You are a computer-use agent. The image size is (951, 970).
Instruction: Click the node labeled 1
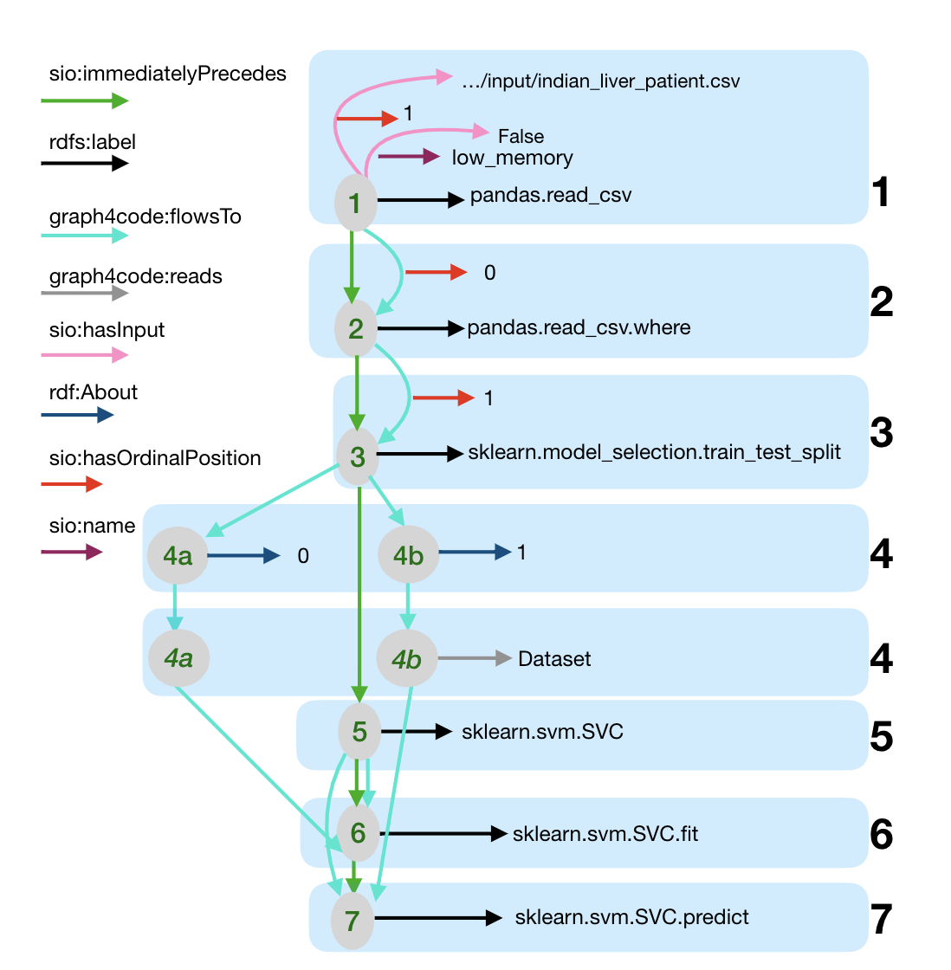coord(355,203)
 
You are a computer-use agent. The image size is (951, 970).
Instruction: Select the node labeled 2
coord(356,328)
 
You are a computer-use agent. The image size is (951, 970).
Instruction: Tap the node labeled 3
coord(358,456)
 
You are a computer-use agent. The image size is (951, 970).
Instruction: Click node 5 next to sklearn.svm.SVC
coord(359,732)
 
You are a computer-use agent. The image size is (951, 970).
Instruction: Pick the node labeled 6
coord(358,833)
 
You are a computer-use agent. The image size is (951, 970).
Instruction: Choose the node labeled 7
coord(353,920)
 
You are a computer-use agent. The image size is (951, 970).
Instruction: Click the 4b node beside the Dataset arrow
coord(406,659)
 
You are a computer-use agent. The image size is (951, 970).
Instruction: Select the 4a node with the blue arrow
coord(178,554)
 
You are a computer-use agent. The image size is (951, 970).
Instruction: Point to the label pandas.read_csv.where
coord(579,328)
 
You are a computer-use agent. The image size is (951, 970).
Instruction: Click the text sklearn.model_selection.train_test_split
coord(654,452)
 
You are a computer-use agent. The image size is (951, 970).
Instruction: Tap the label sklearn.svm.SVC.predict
coord(631,917)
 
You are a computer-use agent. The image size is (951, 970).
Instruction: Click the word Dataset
coord(554,659)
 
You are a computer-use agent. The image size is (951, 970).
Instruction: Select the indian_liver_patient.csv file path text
coord(601,81)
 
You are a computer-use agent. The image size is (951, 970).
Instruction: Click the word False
coord(521,136)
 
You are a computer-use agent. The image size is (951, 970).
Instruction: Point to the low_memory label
coord(512,158)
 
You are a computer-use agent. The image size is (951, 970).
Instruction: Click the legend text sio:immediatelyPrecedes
coord(167,74)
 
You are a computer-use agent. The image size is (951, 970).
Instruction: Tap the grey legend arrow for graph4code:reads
coord(84,294)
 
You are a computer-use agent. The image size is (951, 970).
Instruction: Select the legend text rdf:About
coord(94,392)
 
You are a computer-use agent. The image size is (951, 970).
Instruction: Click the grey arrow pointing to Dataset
coord(475,659)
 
